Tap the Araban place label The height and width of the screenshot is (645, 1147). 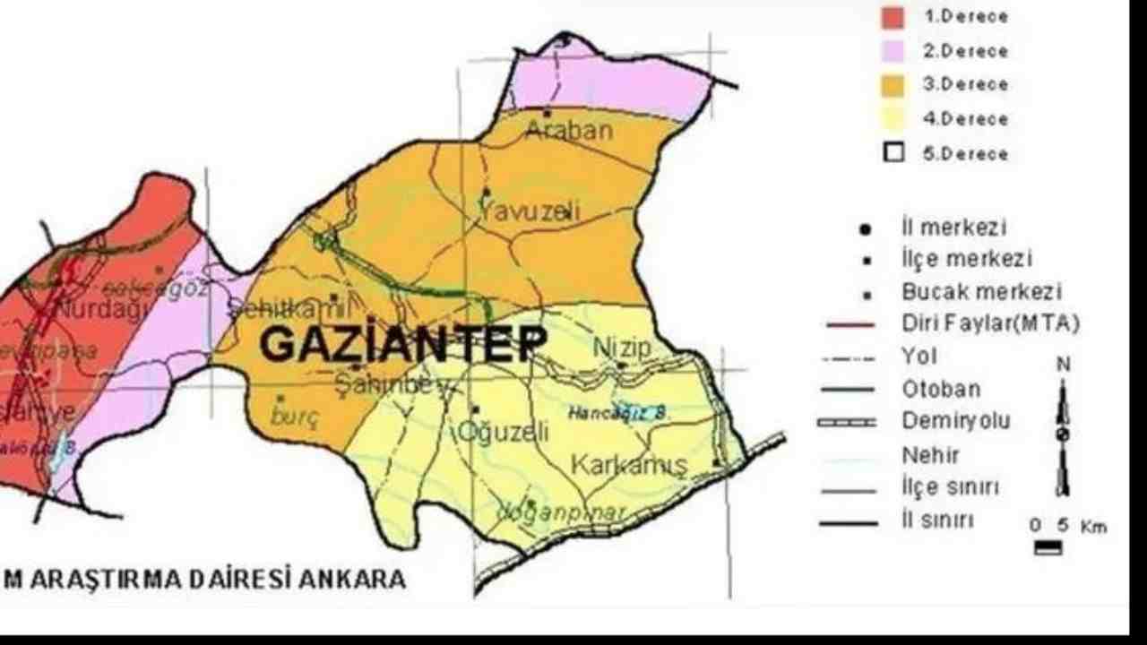point(569,131)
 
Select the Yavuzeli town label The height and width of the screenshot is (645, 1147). point(530,212)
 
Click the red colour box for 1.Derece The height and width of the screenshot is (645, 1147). point(893,17)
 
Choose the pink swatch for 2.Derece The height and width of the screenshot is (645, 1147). point(893,51)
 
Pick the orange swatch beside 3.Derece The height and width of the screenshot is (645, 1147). point(893,85)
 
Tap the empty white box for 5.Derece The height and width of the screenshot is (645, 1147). point(893,152)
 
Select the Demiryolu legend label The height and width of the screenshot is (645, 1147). point(956,421)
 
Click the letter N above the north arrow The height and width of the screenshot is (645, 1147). point(1063,365)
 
